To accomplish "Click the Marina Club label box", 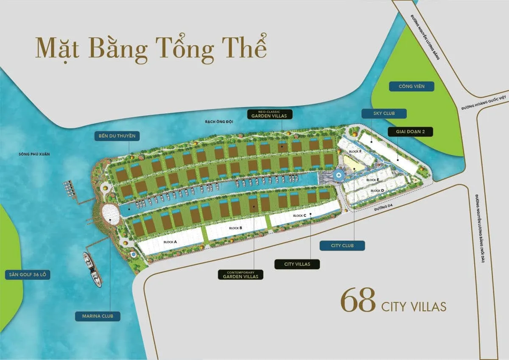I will pos(98,316).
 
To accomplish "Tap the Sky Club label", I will pos(384,114).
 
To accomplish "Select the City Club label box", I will pos(342,245).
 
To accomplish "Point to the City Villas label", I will pos(297,264).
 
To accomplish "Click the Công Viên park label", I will pos(411,87).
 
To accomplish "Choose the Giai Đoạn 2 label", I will pos(411,132).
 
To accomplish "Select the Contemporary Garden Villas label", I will pos(241,274).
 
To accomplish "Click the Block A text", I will pos(170,242).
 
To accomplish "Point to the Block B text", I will pos(236,228).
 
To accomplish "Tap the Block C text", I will pos(299,216).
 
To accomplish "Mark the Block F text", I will pos(355,151).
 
